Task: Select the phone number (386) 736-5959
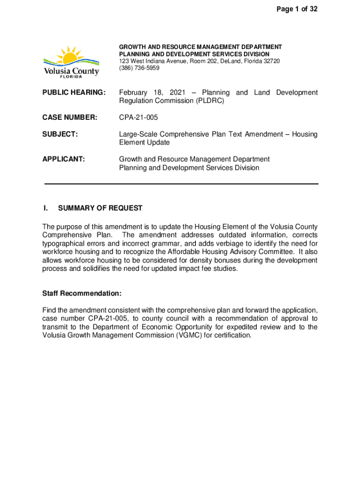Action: tap(139, 68)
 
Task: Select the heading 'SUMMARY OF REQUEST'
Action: tap(100, 208)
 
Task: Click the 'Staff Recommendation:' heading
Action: tap(82, 293)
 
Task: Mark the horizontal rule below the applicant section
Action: tap(181, 184)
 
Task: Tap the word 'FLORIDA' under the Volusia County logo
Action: tap(72, 77)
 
